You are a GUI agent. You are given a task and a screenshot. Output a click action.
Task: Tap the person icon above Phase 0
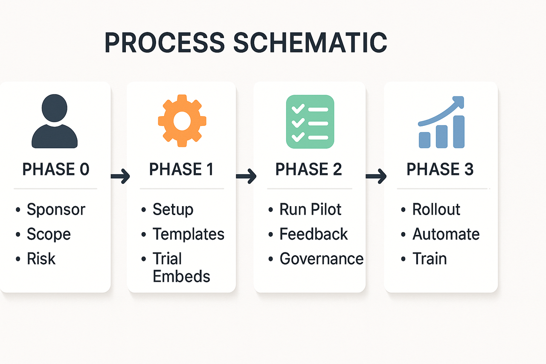(x=55, y=121)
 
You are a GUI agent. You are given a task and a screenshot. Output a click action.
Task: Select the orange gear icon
(x=182, y=121)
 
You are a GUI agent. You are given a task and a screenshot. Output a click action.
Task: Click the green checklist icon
(x=310, y=122)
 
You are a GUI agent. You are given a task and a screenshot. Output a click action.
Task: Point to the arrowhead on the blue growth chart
(x=459, y=102)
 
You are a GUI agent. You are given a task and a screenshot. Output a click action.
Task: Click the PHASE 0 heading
(x=56, y=169)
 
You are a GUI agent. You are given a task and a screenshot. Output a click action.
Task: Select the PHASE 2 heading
(x=308, y=169)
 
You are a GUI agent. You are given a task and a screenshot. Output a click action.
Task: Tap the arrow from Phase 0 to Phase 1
(x=120, y=176)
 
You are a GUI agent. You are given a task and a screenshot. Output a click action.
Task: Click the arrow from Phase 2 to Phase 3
(x=376, y=176)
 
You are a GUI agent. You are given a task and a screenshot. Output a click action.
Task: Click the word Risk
(x=41, y=259)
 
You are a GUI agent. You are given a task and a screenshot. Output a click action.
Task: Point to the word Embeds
(x=181, y=276)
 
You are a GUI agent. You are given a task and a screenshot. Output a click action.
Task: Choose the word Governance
(x=322, y=259)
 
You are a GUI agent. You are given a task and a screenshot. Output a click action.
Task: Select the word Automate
(x=446, y=234)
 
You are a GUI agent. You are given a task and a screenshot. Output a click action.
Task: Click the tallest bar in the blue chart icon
(x=459, y=132)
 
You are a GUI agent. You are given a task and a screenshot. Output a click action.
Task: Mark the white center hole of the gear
(x=182, y=121)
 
